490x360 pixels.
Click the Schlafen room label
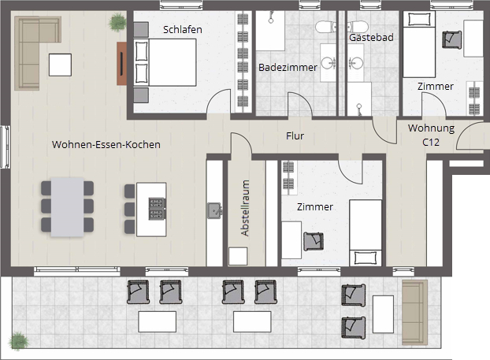(183, 30)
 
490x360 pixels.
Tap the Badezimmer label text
(288, 67)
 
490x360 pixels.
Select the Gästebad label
(371, 38)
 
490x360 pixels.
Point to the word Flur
(295, 136)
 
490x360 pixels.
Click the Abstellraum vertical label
(245, 208)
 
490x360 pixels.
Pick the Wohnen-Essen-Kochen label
(106, 145)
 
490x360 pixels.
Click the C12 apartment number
(431, 143)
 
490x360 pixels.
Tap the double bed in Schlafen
(165, 62)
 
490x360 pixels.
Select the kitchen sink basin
(215, 210)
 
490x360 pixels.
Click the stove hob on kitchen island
(157, 209)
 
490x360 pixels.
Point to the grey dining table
(68, 207)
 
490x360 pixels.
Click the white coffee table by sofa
(60, 65)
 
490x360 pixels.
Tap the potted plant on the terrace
(19, 341)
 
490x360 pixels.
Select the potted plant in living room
(117, 22)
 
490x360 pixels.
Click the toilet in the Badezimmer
(325, 27)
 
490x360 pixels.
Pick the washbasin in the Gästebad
(355, 63)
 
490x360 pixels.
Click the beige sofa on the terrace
(414, 312)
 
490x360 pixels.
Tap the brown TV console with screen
(121, 64)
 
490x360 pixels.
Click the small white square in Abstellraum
(238, 257)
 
